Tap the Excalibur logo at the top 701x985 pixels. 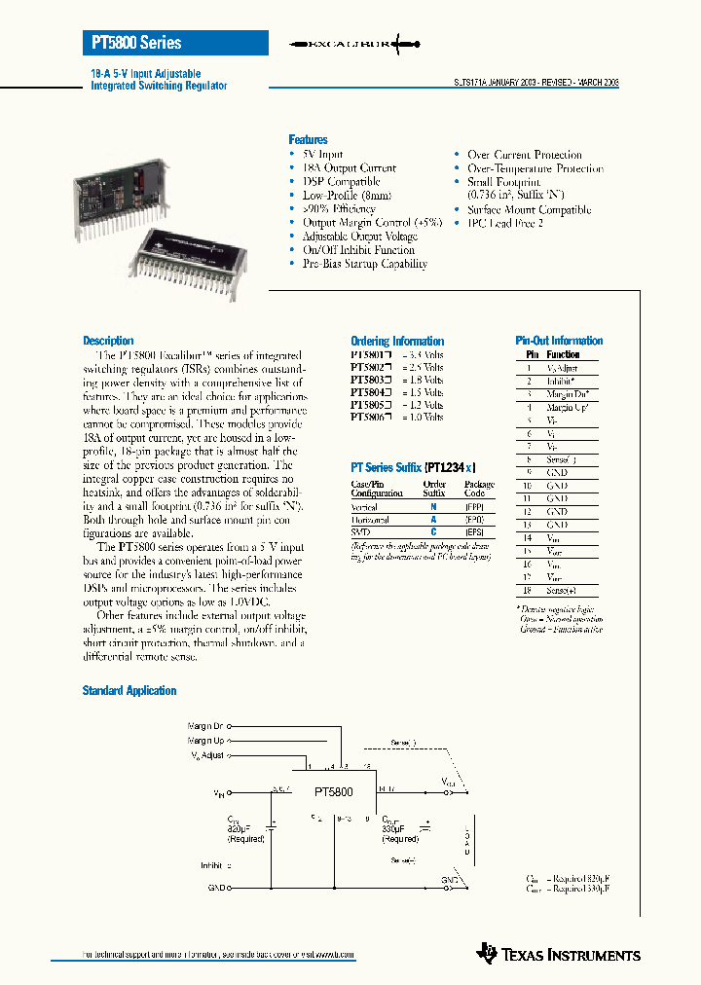pos(354,44)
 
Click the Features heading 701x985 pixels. pos(308,140)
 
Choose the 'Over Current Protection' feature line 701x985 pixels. pos(524,155)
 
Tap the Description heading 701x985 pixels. pos(108,341)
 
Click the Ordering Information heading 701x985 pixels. pos(397,342)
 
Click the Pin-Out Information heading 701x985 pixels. pos(559,341)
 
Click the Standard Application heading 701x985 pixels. pos(129,691)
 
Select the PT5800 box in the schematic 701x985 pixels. pos(333,792)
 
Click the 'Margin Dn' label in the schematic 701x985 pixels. pos(205,726)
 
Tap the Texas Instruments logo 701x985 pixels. pos(559,953)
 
